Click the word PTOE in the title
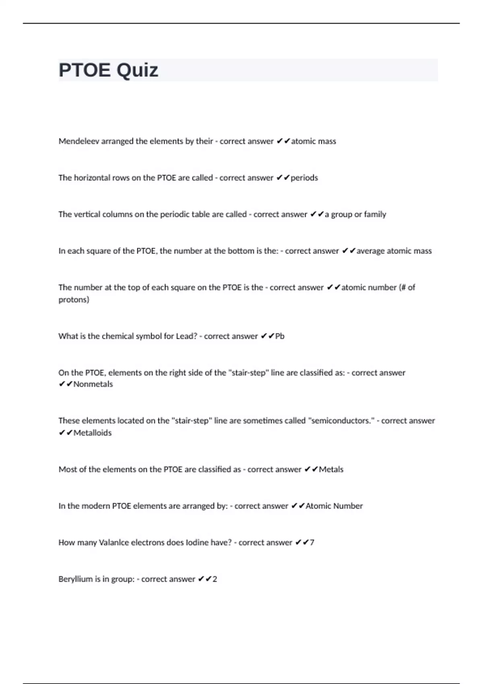point(85,70)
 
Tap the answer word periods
point(304,178)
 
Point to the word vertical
point(87,214)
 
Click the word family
point(375,214)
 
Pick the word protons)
point(74,300)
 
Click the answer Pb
point(280,336)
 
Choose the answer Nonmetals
point(93,384)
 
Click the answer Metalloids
point(92,433)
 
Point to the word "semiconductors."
point(341,421)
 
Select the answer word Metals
point(331,470)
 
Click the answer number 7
point(312,543)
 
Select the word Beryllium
point(76,579)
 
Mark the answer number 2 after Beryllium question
point(215,579)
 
